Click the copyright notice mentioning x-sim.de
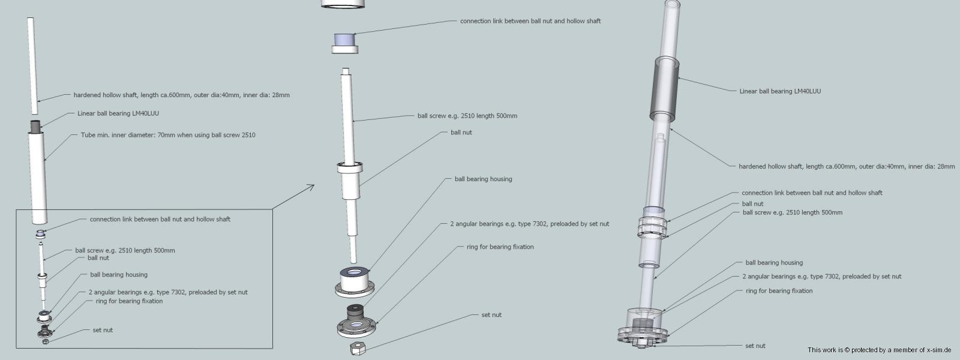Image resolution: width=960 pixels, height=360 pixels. tap(880, 350)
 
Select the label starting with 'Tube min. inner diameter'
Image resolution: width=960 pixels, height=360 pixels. tap(168, 135)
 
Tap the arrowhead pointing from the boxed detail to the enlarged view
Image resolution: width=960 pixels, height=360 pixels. tap(311, 187)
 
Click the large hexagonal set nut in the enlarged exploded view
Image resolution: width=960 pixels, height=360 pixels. tap(358, 349)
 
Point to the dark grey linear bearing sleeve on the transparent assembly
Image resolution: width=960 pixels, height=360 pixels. tap(664, 89)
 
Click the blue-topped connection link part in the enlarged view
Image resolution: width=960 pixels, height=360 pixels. tap(345, 43)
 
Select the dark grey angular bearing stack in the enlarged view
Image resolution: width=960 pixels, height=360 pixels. tap(355, 316)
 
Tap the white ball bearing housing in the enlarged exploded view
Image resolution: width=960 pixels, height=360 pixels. tap(355, 281)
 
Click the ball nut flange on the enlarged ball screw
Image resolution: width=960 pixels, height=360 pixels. tap(350, 167)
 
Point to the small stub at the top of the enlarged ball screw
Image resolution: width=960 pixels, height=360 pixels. tap(346, 71)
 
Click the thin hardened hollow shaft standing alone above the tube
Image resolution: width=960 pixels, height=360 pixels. tap(32, 66)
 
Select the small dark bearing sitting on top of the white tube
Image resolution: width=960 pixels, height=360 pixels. tap(35, 126)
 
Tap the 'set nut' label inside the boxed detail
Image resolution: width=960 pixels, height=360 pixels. tap(103, 330)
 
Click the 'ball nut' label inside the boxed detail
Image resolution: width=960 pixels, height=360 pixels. tap(98, 258)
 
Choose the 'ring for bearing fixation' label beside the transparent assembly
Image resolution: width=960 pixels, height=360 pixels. tap(779, 290)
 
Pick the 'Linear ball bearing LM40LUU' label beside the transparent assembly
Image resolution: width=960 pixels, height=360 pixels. tap(780, 91)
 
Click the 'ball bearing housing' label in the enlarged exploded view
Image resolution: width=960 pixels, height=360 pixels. tap(484, 179)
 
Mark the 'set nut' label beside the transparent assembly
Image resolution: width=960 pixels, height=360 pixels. tap(755, 346)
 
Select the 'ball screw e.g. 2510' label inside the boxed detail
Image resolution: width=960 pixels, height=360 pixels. tap(125, 250)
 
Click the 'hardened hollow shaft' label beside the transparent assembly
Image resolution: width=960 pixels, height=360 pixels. tap(847, 166)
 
